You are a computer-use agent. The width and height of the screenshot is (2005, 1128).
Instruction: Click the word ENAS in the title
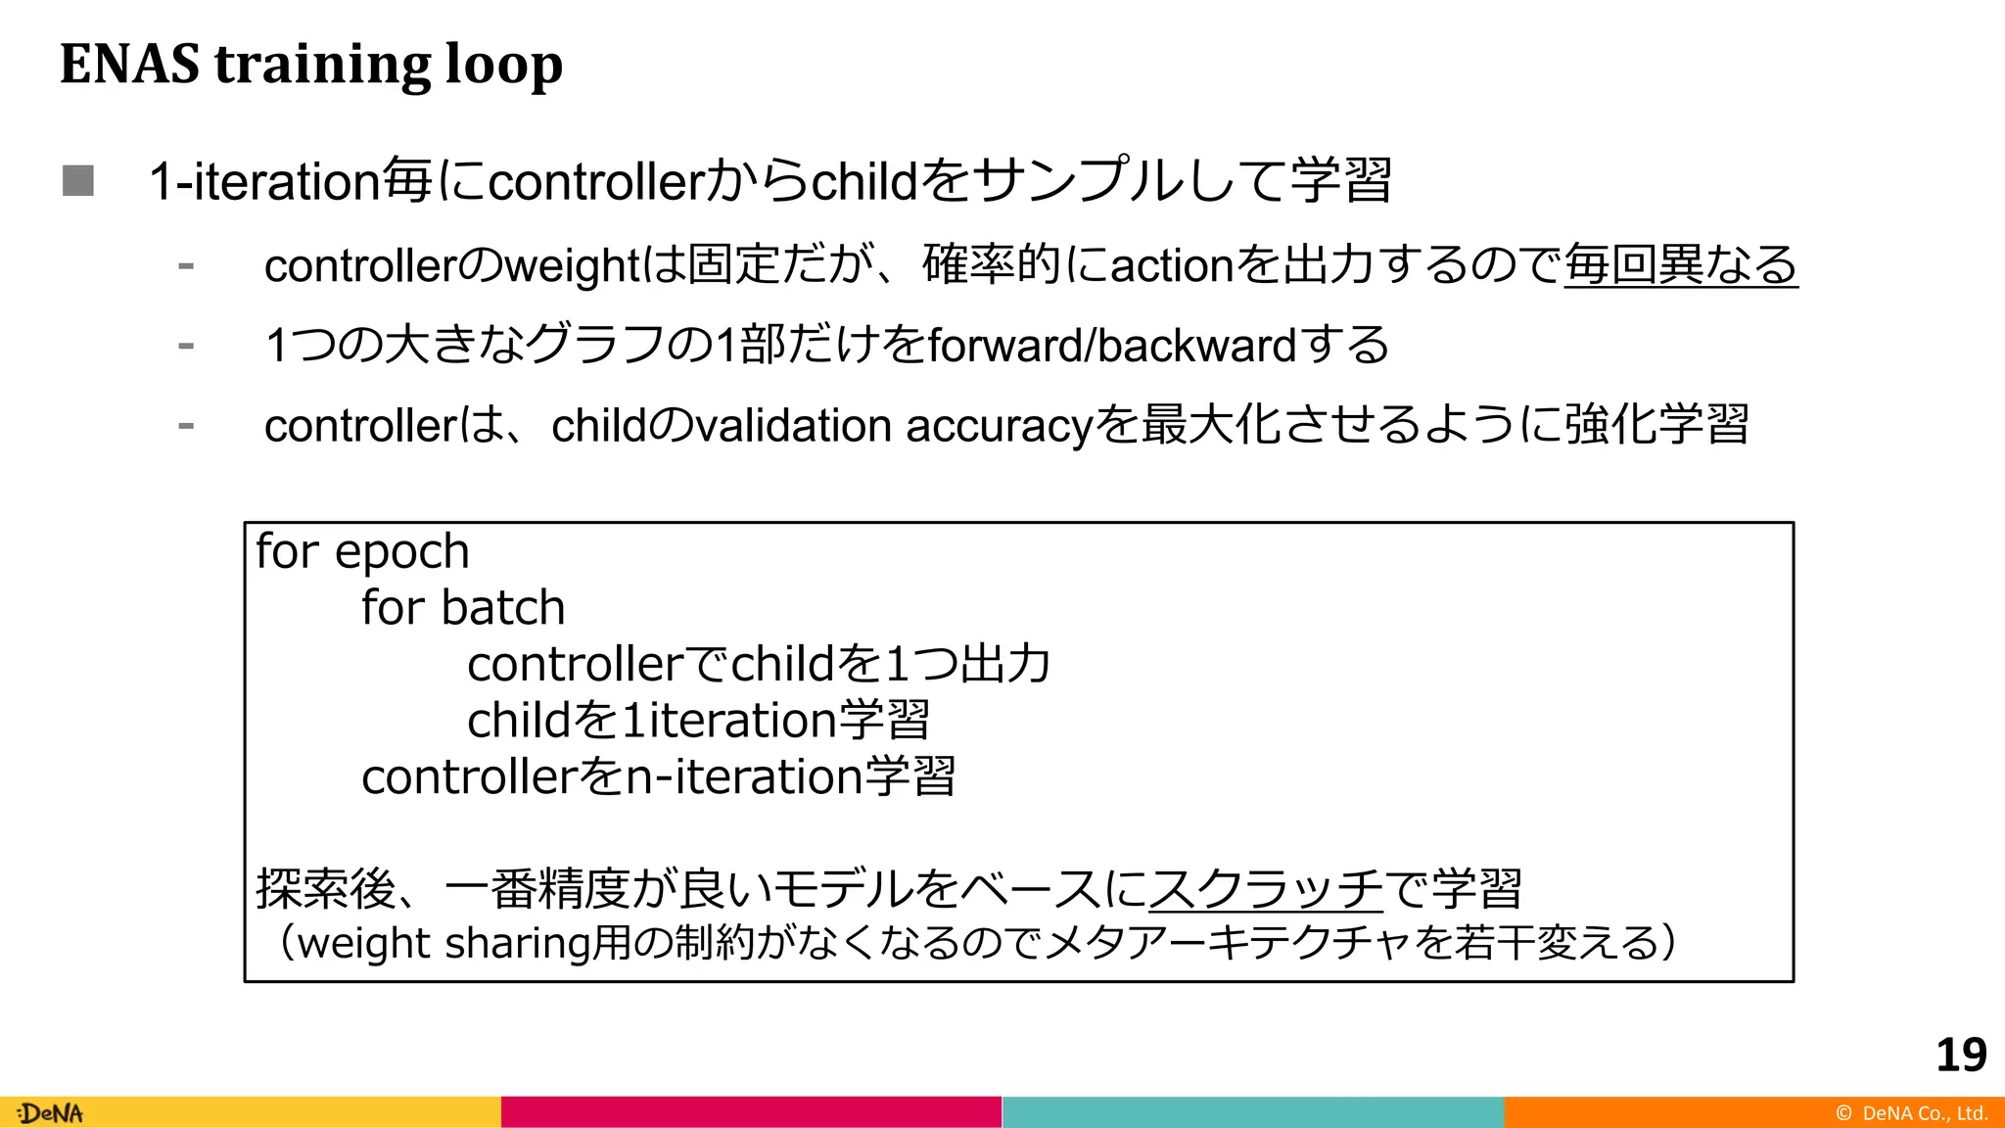(x=129, y=64)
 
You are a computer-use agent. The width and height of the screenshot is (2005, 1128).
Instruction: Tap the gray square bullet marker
(x=78, y=180)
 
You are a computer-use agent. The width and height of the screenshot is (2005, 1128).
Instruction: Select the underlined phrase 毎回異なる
(x=1680, y=264)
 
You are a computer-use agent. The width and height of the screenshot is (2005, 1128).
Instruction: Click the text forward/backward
(x=1111, y=345)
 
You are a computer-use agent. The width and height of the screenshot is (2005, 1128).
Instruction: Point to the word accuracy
(x=999, y=426)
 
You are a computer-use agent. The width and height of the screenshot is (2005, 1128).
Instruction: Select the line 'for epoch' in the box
(x=362, y=551)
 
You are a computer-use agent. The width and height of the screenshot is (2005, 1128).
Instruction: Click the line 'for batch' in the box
(x=463, y=608)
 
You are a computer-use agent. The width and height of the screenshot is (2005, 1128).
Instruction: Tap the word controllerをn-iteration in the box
(x=612, y=776)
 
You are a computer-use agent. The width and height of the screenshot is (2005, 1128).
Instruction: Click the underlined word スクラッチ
(x=1265, y=888)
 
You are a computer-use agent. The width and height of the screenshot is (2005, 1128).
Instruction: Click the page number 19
(x=1961, y=1055)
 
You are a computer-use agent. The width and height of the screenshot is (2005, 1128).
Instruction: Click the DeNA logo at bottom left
(x=51, y=1113)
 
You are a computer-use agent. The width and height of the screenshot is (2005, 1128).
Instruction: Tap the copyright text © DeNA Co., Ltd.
(x=1911, y=1113)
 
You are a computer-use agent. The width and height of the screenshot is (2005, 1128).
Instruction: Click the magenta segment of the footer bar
(x=751, y=1112)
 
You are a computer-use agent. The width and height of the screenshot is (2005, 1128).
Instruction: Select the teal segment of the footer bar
(x=1253, y=1112)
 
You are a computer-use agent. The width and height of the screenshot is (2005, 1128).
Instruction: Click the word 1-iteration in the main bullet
(x=264, y=181)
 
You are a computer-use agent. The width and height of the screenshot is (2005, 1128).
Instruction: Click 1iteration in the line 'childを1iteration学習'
(x=728, y=721)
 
